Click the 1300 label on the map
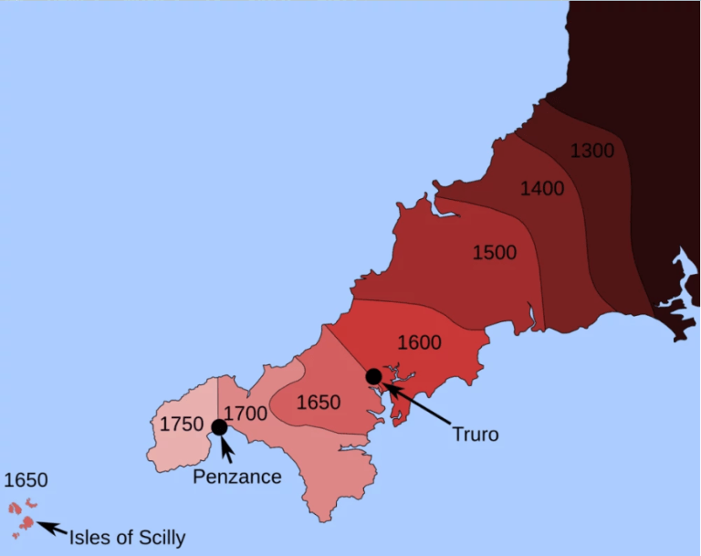point(592,152)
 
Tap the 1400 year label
point(542,189)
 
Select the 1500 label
point(495,252)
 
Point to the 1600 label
point(420,343)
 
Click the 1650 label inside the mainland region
point(319,402)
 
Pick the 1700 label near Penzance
point(246,414)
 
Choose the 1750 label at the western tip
point(181,424)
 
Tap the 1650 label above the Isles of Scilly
point(26,480)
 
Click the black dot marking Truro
point(373,376)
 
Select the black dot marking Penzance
point(219,427)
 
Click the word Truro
point(476,435)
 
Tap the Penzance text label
point(237,477)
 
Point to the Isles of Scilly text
point(127,537)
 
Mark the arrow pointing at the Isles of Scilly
point(52,529)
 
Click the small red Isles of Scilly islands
point(26,522)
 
